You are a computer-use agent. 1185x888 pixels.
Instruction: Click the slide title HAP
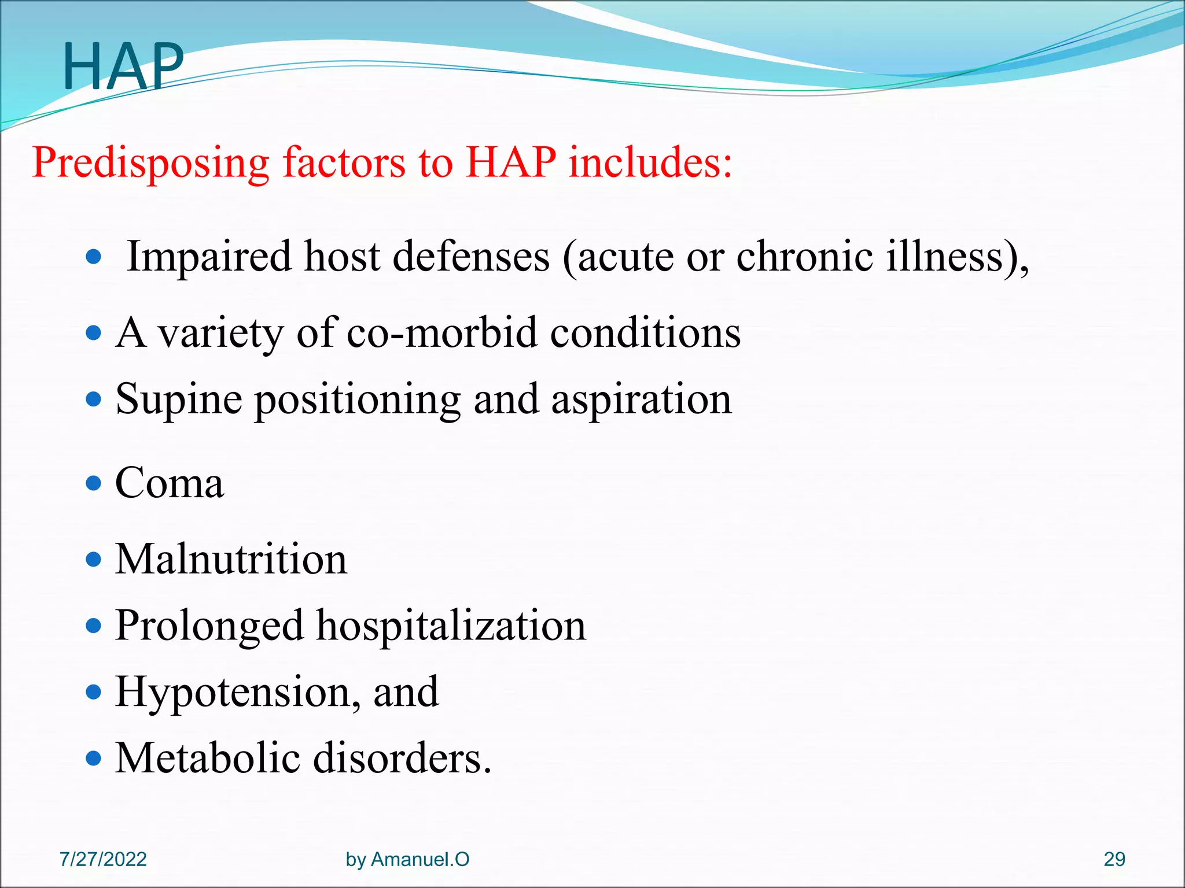123,67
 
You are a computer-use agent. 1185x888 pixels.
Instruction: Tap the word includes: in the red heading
650,162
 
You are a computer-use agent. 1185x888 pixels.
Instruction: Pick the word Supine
179,400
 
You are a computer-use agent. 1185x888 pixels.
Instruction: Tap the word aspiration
641,400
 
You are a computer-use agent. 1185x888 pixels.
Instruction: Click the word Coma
169,483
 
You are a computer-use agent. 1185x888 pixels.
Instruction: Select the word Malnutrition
231,560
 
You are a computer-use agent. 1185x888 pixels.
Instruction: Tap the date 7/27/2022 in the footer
103,859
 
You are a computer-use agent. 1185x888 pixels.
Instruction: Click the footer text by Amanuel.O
407,859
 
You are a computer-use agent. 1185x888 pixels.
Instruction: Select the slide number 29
1114,859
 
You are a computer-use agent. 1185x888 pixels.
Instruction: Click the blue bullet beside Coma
93,483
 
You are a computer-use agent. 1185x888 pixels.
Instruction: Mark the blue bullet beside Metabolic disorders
93,757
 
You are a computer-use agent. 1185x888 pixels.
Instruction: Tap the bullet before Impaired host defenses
93,256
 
